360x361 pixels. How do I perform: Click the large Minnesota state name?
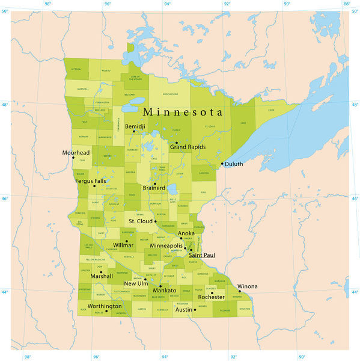coord(182,113)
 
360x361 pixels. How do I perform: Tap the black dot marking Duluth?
coord(222,164)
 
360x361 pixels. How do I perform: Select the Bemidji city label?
coord(135,126)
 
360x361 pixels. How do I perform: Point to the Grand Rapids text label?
coord(188,147)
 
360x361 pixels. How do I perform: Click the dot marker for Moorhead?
coord(73,158)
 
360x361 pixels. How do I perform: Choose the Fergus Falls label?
coord(90,180)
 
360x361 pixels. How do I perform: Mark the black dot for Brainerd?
coord(154,184)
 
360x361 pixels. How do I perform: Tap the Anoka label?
coord(186,233)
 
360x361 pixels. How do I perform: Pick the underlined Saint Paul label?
coord(202,255)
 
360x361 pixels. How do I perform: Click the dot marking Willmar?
coord(126,241)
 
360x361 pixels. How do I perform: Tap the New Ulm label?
coord(136,283)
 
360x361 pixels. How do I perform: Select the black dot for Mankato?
coord(160,286)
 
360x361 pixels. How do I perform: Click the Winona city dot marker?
coord(239,291)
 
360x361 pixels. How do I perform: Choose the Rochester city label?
coord(212,297)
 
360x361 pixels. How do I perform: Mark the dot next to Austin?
coord(195,309)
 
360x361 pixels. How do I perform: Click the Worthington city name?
coord(105,306)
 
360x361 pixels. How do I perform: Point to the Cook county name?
coord(271,110)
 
